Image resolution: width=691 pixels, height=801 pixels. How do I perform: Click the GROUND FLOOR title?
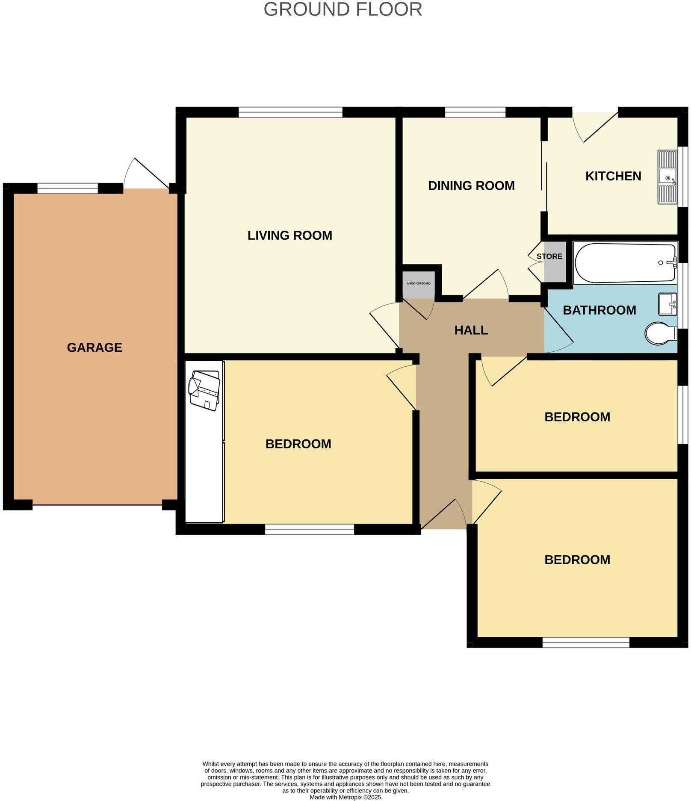coord(343,9)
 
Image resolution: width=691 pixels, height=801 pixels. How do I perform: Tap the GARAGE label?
coord(94,347)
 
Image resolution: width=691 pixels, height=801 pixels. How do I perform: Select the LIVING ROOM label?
coord(289,236)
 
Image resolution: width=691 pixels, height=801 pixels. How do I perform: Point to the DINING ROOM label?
coord(471,186)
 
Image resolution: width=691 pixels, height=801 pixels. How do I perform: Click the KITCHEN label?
coord(613,176)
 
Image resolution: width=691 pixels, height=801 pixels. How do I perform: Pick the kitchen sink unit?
coord(667,177)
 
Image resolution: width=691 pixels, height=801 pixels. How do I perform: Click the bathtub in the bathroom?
coord(624,262)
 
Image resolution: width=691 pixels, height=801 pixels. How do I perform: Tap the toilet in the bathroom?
coord(660,333)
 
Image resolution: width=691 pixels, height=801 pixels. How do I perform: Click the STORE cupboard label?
coord(549,256)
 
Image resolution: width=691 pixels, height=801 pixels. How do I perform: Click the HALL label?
coord(471,330)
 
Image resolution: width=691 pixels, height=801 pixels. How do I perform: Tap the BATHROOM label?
coord(599,310)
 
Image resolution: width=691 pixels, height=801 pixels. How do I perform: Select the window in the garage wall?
coord(68,188)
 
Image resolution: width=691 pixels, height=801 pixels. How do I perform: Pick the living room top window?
coord(290,112)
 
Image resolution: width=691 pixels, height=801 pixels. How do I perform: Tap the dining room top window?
coord(475,112)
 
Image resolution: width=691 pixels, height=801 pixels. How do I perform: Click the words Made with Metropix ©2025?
coord(345,797)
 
